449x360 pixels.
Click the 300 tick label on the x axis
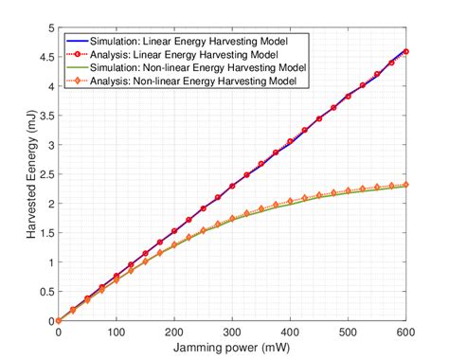click(232, 333)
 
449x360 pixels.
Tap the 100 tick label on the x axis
click(117, 333)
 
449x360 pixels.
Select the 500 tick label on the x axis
click(349, 333)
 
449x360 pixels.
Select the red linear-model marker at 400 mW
click(291, 141)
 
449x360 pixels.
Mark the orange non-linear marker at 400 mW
click(291, 202)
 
